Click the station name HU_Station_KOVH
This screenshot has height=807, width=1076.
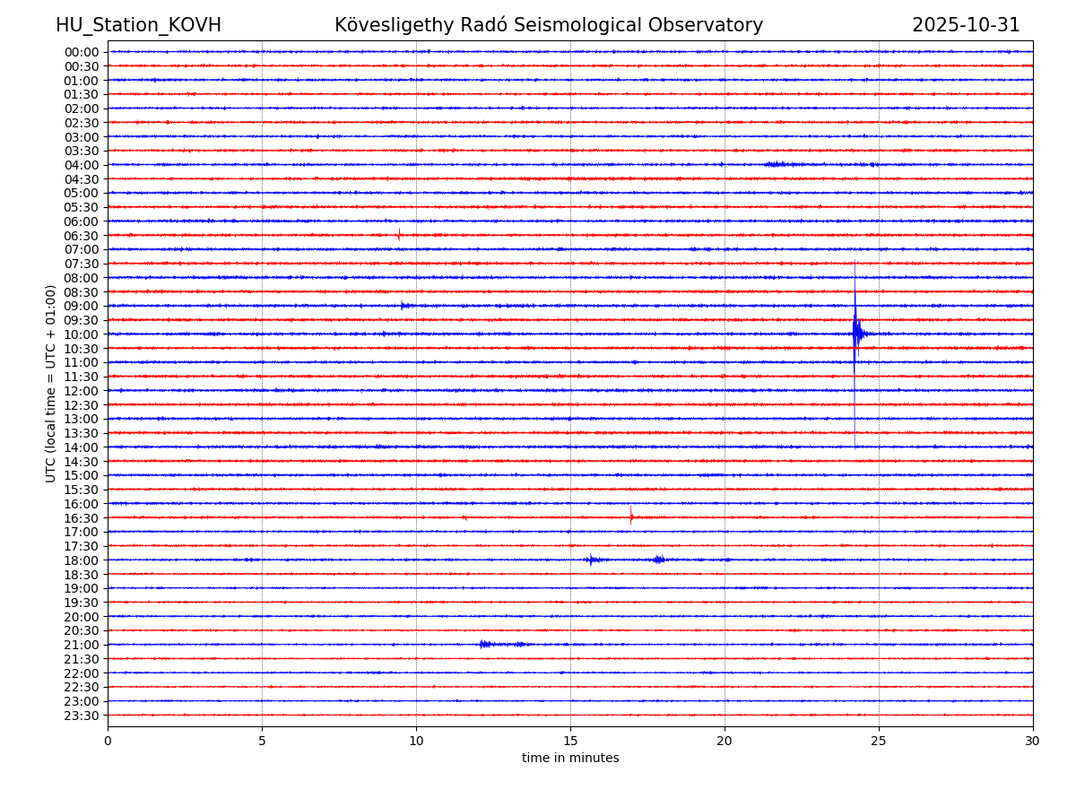pyautogui.click(x=138, y=25)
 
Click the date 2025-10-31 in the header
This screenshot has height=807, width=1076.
pyautogui.click(x=966, y=25)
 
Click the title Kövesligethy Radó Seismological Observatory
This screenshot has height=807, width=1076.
pyautogui.click(x=549, y=25)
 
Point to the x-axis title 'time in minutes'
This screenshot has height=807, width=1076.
pyautogui.click(x=570, y=758)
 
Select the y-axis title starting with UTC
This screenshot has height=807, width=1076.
pyautogui.click(x=51, y=383)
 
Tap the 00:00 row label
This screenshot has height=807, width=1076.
pyautogui.click(x=82, y=52)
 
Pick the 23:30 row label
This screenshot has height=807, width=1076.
pyautogui.click(x=82, y=716)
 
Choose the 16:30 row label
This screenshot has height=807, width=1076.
pyautogui.click(x=82, y=518)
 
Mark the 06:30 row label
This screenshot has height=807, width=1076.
pyautogui.click(x=82, y=236)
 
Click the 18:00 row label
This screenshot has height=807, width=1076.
pyautogui.click(x=82, y=560)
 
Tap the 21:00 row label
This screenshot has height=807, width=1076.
pyautogui.click(x=82, y=645)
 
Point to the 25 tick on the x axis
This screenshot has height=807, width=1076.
pyautogui.click(x=879, y=741)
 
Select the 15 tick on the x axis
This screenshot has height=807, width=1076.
pyautogui.click(x=570, y=741)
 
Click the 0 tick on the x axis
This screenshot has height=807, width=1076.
pyautogui.click(x=108, y=741)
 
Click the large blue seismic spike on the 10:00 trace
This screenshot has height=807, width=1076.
pyautogui.click(x=855, y=333)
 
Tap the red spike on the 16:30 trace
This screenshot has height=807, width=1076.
pyautogui.click(x=631, y=516)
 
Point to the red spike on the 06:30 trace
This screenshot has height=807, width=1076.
pyautogui.click(x=399, y=235)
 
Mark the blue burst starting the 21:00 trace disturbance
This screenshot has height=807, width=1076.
pyautogui.click(x=484, y=644)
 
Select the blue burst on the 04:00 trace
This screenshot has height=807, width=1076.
pyautogui.click(x=777, y=164)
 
